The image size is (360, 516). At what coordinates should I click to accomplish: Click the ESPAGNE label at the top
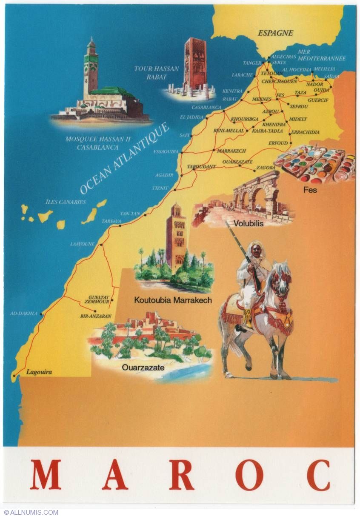pos(276,33)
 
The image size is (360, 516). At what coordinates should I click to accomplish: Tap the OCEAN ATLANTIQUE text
pos(124,158)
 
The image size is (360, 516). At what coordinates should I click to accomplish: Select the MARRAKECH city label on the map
pos(232,151)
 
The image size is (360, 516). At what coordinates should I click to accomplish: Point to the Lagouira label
pos(39,372)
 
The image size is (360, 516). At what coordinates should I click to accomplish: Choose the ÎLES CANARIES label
pos(66,202)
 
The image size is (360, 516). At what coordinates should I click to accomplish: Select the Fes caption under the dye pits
pos(310,190)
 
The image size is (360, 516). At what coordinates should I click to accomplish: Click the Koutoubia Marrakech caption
pos(173,300)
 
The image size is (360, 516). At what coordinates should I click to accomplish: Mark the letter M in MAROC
pos(46,475)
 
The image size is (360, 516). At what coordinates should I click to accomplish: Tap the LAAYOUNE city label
pos(83,244)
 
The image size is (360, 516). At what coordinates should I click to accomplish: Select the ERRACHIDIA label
pos(305,132)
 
